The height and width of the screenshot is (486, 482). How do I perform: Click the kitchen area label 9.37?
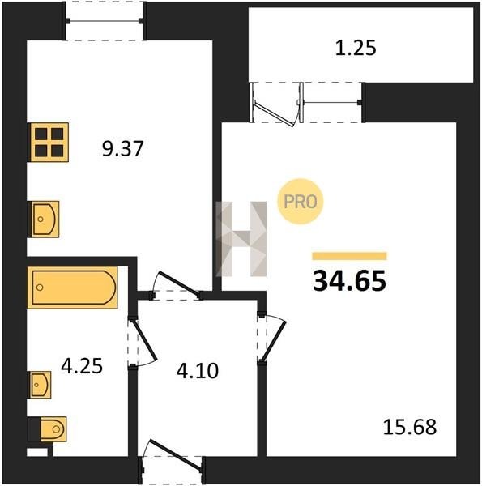(123, 149)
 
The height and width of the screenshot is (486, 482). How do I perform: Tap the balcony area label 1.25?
(356, 48)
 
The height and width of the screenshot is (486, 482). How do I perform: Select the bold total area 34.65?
(349, 281)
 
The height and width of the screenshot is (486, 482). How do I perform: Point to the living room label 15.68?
(410, 427)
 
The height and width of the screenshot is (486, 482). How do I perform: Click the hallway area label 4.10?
(197, 371)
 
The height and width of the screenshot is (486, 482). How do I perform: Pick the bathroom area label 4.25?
(82, 366)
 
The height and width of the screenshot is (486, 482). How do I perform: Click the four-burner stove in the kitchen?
(49, 143)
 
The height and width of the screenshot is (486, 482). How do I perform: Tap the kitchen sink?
(44, 220)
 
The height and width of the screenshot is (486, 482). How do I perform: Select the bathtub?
(73, 288)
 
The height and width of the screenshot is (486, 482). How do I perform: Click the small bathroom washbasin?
(40, 385)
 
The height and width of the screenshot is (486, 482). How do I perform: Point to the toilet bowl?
(52, 429)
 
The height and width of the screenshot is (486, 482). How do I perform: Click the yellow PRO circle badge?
(300, 202)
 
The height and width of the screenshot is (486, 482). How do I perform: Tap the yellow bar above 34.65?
(349, 256)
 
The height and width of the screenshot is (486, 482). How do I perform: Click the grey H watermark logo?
(241, 239)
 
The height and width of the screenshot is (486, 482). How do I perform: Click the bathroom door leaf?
(143, 341)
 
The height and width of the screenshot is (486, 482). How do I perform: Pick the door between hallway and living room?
(274, 341)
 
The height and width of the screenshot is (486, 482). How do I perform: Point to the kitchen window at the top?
(105, 21)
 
